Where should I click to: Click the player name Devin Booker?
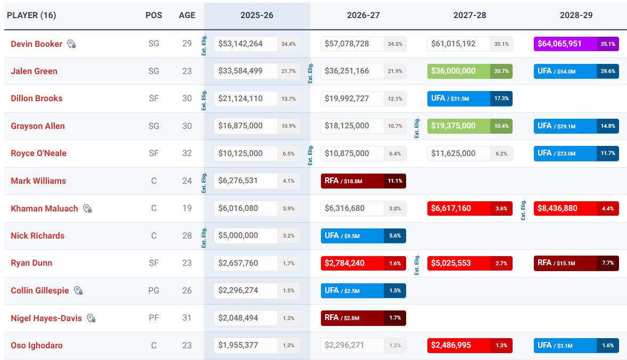pos(36,44)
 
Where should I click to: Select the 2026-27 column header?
pos(364,15)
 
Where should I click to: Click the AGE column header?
pos(187,15)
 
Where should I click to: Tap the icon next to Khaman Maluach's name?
pos(88,209)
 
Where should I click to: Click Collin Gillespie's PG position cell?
pos(154,291)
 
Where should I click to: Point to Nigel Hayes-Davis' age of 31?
pos(187,318)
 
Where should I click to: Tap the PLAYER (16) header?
pos(31,15)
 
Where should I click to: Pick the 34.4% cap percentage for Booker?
pos(288,44)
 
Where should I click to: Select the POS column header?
pos(154,15)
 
